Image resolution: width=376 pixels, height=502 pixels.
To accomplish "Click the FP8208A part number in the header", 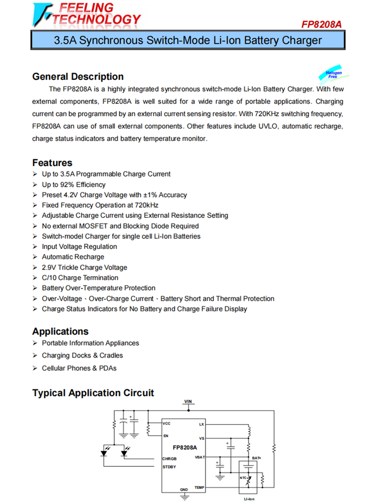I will click(x=322, y=24).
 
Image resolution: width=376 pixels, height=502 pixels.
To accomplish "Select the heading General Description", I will click(x=78, y=77).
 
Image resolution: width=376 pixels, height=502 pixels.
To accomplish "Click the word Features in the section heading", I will click(x=52, y=163).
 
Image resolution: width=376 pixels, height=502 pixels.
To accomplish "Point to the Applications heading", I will click(x=60, y=331).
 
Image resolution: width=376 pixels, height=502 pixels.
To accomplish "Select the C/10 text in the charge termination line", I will click(x=50, y=278).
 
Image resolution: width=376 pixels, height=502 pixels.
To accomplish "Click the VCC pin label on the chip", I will click(x=167, y=424).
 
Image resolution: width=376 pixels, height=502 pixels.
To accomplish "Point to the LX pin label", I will click(x=202, y=424).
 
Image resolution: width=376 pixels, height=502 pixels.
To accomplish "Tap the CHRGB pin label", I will click(x=169, y=458).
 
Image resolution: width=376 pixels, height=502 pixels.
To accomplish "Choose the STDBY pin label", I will click(x=169, y=467).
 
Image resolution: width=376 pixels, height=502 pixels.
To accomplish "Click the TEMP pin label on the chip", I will click(x=200, y=487).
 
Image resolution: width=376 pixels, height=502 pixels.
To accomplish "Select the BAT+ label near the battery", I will click(x=257, y=458).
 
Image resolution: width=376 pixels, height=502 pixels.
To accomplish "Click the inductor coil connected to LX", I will click(x=249, y=431).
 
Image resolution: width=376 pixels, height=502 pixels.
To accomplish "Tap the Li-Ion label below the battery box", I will click(x=249, y=499).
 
